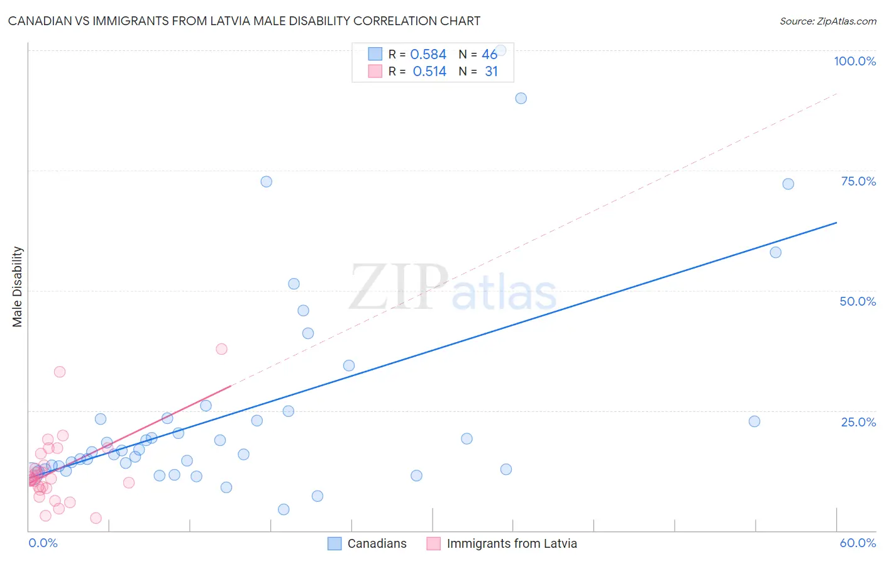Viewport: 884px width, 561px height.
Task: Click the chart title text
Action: [244, 21]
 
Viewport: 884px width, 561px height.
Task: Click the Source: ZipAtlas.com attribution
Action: [827, 21]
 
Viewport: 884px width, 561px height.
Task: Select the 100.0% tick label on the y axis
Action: [854, 61]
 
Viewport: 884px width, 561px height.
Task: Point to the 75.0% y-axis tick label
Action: [858, 181]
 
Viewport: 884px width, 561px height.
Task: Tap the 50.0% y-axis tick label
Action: [858, 301]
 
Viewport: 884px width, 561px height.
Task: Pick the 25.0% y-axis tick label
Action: [858, 422]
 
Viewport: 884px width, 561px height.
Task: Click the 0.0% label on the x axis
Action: [43, 543]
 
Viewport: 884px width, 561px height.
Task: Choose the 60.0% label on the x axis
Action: [858, 543]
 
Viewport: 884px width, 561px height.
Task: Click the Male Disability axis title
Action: [18, 287]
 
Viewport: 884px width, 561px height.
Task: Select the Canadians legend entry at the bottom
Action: [368, 543]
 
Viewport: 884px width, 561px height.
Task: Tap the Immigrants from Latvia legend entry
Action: [502, 543]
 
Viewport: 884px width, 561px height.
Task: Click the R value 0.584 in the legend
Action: [428, 55]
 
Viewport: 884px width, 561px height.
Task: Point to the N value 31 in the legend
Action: [491, 72]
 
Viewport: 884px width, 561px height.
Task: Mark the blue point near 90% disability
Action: [521, 98]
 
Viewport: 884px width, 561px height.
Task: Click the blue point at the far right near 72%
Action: [788, 184]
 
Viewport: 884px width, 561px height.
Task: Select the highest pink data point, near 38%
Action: [221, 349]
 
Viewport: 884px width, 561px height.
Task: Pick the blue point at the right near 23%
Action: [754, 421]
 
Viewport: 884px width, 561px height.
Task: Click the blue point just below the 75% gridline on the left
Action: [267, 182]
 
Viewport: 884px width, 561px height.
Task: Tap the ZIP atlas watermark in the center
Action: [453, 288]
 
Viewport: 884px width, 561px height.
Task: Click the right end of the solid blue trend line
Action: [836, 223]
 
